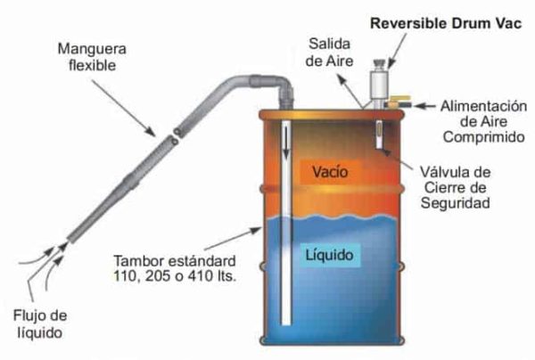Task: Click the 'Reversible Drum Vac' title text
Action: [x=446, y=23]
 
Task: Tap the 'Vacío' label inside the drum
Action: [x=330, y=172]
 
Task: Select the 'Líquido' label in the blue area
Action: [x=329, y=255]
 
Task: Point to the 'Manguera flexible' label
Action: [x=92, y=57]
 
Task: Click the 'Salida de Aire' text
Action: [x=329, y=53]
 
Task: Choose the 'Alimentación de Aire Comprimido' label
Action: [x=483, y=122]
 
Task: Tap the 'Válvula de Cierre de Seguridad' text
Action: [x=455, y=187]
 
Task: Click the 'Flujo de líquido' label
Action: [x=40, y=323]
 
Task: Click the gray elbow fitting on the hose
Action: [x=276, y=86]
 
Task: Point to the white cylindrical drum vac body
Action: [x=379, y=85]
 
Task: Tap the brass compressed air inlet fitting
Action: [x=398, y=102]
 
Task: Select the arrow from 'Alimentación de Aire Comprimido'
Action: [x=424, y=106]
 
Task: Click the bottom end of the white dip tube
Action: [x=286, y=323]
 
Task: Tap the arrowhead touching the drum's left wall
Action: [x=256, y=230]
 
